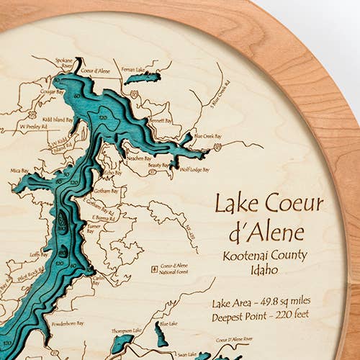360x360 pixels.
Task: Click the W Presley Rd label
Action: [x=32, y=124]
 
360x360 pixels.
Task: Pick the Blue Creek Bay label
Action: [x=207, y=136]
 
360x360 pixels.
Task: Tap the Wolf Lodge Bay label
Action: [x=194, y=170]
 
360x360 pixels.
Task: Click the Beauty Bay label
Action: [x=158, y=165]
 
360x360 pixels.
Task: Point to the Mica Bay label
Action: [x=19, y=171]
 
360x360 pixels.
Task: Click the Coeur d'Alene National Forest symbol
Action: [x=156, y=268]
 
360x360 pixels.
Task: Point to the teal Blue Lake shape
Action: [x=160, y=333]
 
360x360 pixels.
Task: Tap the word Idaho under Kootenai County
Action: [x=265, y=271]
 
